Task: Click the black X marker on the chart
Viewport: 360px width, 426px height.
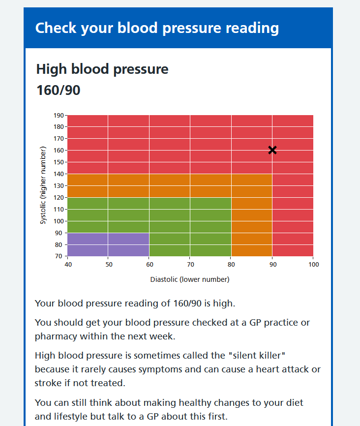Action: tap(272, 150)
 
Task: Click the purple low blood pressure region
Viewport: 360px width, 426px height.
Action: tap(108, 244)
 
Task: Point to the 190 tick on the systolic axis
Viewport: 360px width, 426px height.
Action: tap(59, 115)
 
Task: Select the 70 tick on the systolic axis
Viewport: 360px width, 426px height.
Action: tap(59, 256)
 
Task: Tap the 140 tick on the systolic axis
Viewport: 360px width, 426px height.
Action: tap(59, 174)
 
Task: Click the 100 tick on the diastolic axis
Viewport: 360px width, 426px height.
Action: tap(313, 264)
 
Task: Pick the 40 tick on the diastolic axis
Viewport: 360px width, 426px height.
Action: tap(68, 264)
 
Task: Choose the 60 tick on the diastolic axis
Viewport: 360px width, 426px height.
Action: tap(150, 264)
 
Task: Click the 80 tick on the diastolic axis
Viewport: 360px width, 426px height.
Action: tap(232, 264)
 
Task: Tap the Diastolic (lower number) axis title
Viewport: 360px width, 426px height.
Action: tap(190, 279)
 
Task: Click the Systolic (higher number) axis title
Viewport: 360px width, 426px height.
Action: tap(43, 185)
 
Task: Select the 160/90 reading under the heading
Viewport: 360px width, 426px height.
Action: tap(59, 91)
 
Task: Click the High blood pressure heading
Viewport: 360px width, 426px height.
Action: tap(102, 69)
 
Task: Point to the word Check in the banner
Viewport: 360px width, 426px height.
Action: tap(56, 28)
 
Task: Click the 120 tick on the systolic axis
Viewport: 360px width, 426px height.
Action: tap(59, 198)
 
